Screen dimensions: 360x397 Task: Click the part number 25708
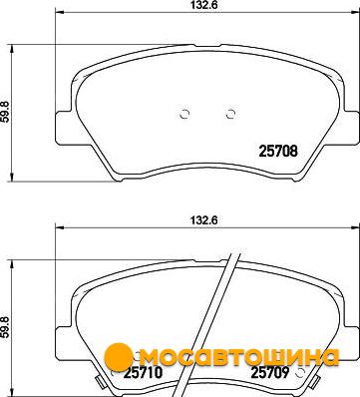point(278,152)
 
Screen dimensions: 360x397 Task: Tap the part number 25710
point(143,372)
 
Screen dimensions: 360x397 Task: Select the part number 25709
point(270,372)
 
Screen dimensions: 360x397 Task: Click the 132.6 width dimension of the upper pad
point(206,5)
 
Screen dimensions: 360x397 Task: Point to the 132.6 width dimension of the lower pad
point(206,220)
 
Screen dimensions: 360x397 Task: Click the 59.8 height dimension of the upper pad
point(6,112)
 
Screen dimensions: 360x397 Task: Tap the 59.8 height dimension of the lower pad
point(6,327)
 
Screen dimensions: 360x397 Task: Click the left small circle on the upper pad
point(184,114)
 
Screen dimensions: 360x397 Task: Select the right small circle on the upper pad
point(230,114)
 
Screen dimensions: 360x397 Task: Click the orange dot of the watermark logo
point(119,357)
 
